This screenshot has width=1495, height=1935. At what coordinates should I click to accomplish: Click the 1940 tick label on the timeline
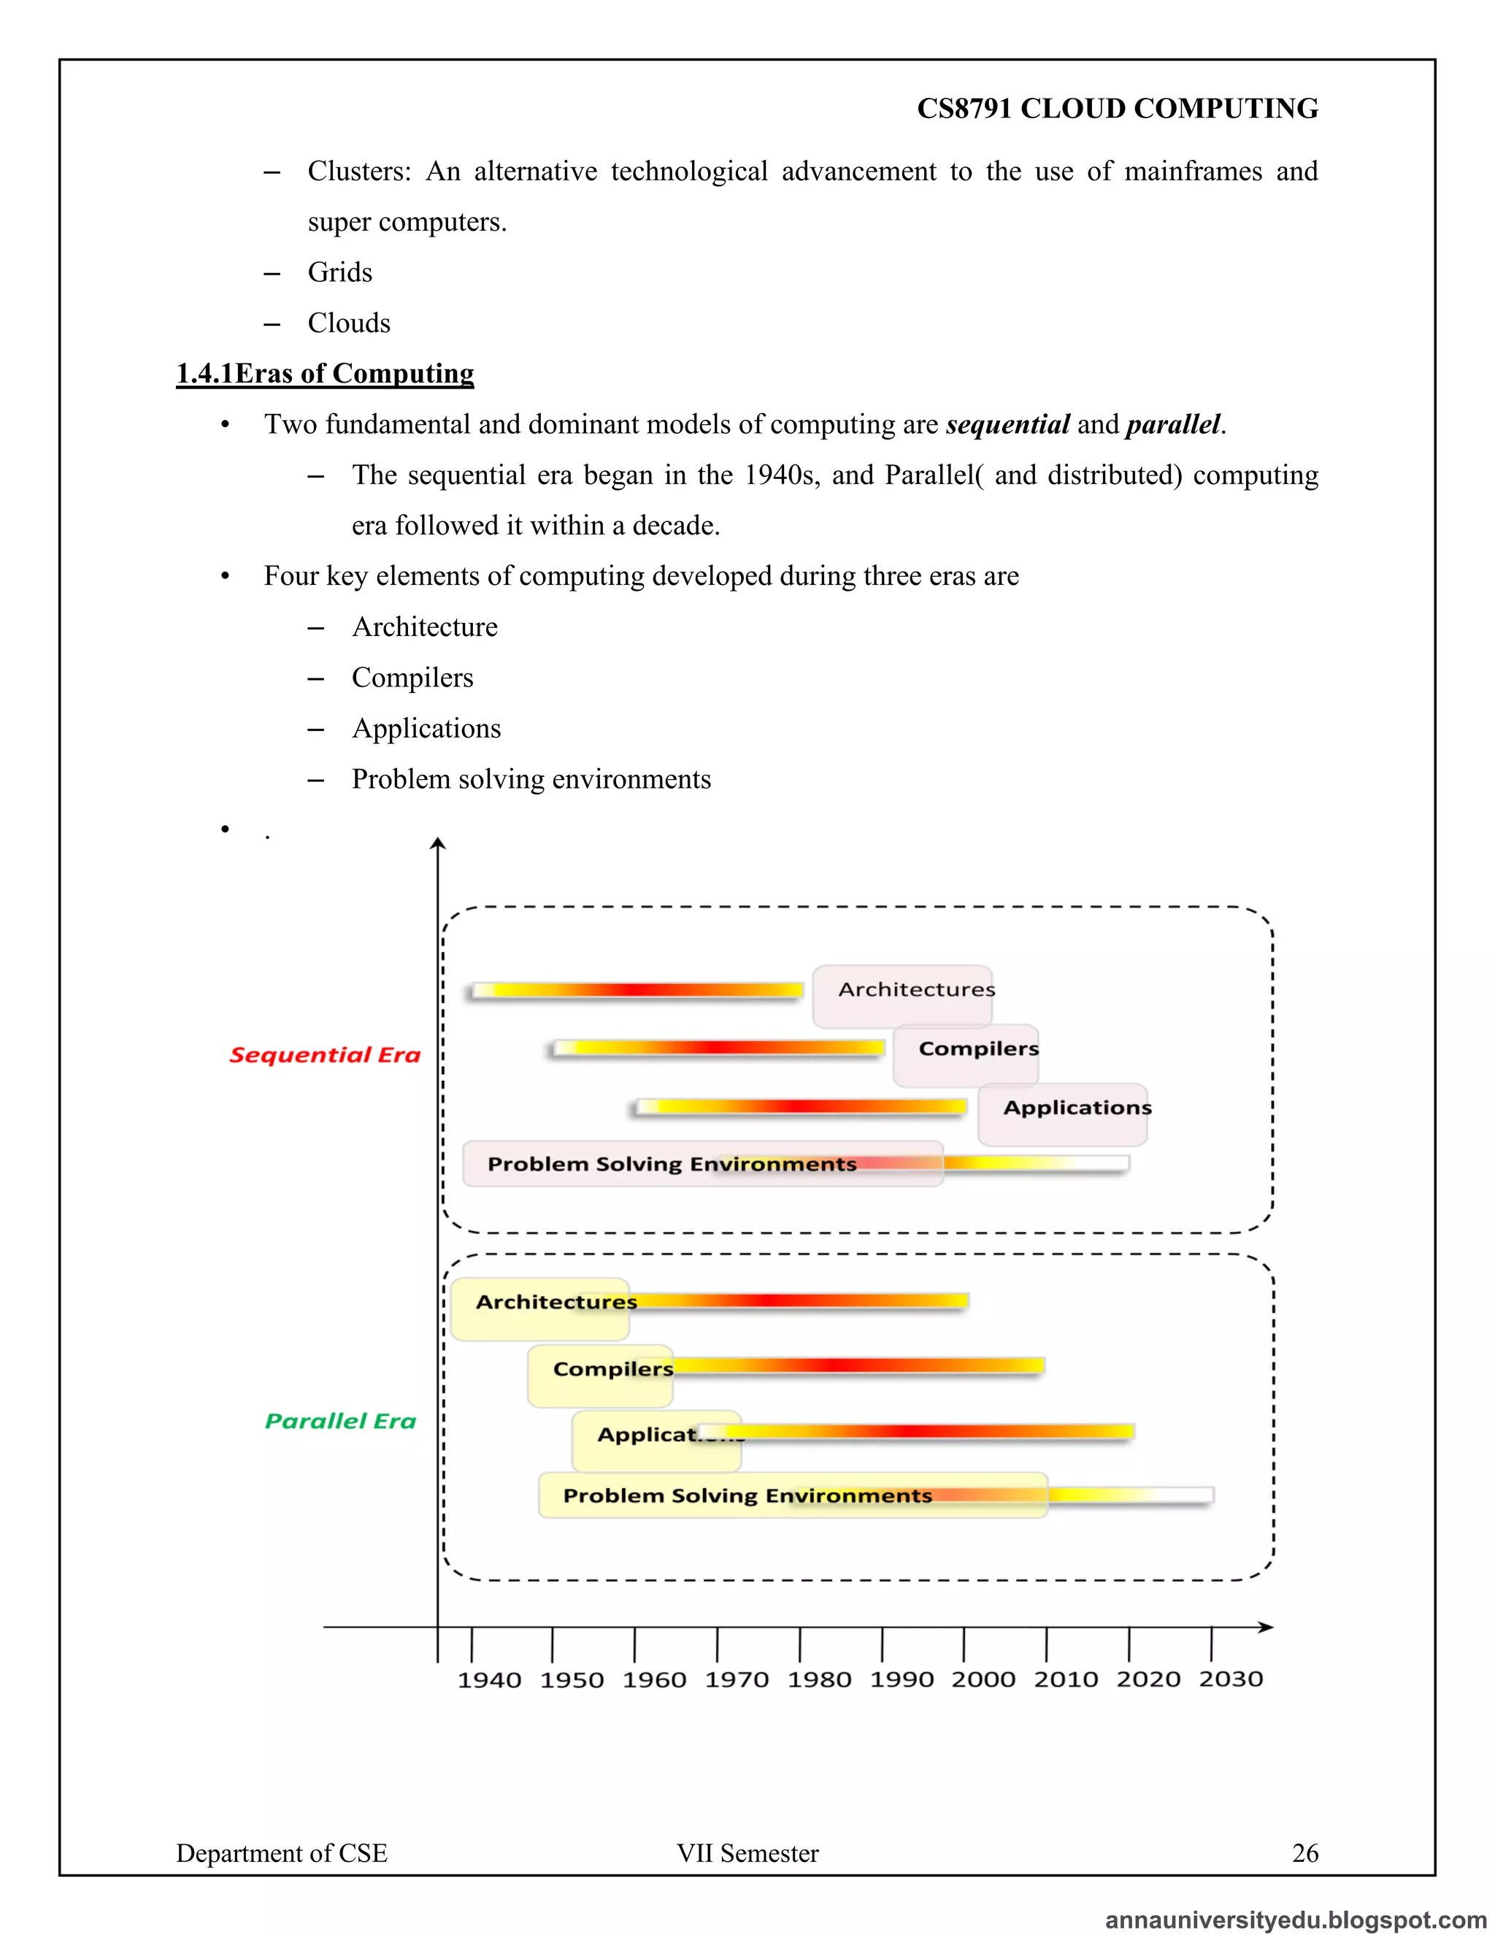(x=489, y=1680)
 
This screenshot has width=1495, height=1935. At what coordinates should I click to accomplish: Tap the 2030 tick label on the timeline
(x=1230, y=1679)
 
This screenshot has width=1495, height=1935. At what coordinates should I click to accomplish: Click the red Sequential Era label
(x=324, y=1054)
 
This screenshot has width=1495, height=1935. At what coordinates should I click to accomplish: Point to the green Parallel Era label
(x=340, y=1421)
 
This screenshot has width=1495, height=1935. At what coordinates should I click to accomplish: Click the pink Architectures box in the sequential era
(x=902, y=996)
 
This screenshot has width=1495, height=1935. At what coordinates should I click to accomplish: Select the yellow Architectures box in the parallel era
(x=539, y=1308)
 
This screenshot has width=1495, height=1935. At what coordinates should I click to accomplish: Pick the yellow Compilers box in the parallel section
(x=601, y=1375)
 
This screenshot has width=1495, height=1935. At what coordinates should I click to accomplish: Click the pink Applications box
(x=1063, y=1114)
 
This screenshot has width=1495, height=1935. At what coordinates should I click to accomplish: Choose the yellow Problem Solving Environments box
(x=793, y=1495)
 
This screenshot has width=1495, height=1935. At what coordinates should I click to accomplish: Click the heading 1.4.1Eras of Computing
(x=325, y=373)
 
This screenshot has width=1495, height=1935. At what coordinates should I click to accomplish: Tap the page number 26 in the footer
(x=1304, y=1852)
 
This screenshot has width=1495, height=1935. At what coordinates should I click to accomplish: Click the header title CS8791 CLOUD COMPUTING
(x=1117, y=108)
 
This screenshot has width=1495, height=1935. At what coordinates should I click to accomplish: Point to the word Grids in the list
(x=340, y=272)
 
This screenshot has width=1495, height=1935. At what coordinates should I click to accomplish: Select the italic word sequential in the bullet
(x=1007, y=424)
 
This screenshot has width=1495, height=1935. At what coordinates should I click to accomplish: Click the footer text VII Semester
(x=747, y=1852)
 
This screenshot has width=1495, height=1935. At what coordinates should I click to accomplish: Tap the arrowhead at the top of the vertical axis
(x=437, y=843)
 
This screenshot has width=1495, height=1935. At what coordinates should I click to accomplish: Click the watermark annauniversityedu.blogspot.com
(x=1295, y=1920)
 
